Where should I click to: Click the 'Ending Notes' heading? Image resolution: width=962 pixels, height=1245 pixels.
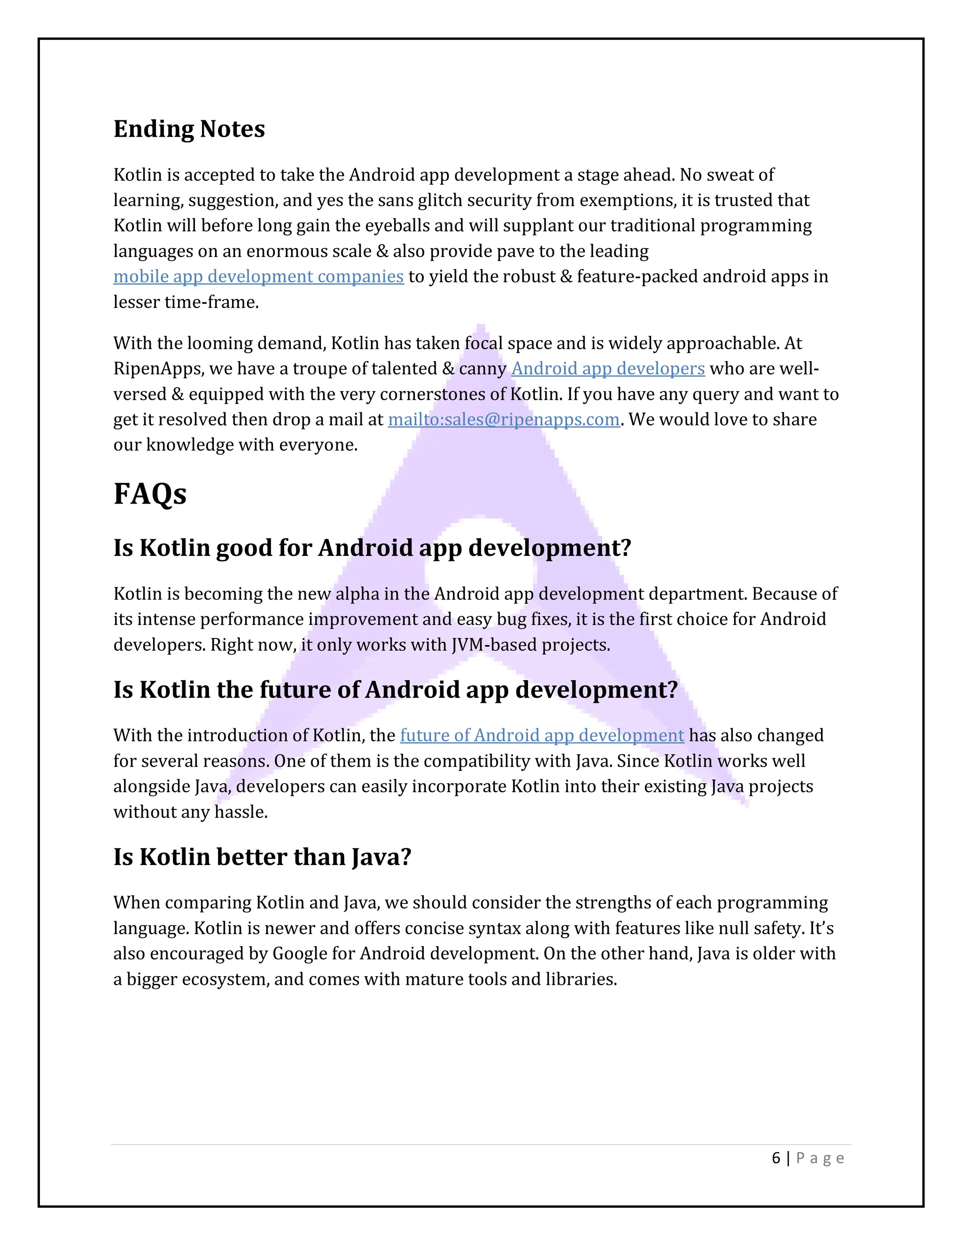click(x=189, y=129)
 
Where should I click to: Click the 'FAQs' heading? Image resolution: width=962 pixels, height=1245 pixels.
click(x=150, y=494)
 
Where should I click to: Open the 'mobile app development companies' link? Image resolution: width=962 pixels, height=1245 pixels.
click(x=258, y=276)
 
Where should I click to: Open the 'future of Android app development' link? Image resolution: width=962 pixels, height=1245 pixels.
click(x=542, y=735)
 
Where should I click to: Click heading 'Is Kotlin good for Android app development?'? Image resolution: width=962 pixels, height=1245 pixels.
click(x=372, y=548)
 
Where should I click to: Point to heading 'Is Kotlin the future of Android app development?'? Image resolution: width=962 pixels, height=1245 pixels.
click(x=396, y=690)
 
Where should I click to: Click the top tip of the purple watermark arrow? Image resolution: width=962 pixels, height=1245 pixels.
click(x=481, y=328)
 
